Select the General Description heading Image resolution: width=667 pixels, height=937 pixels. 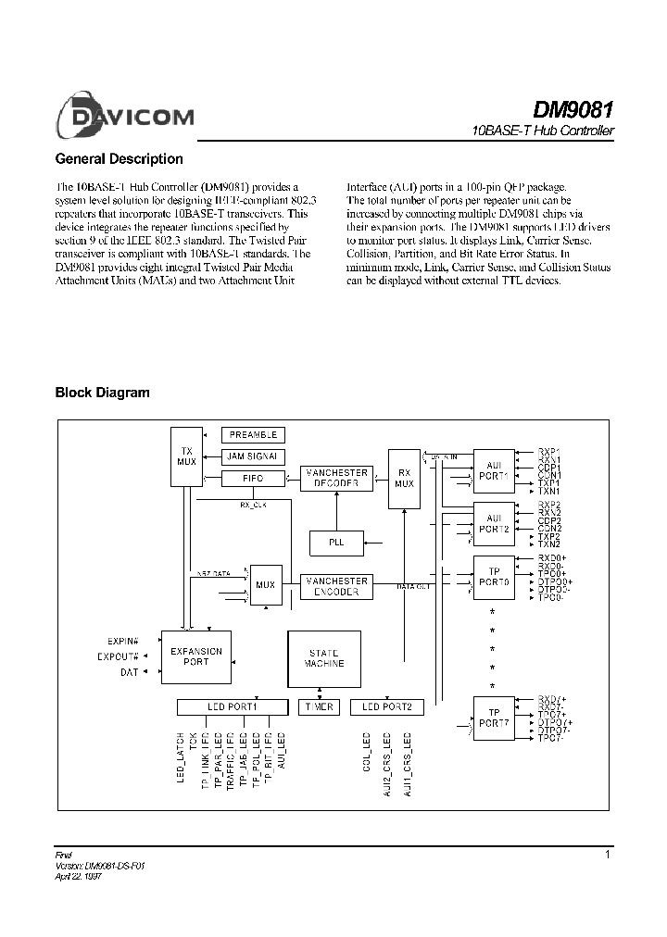pyautogui.click(x=120, y=159)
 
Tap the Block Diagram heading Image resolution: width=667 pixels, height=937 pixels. pyautogui.click(x=103, y=393)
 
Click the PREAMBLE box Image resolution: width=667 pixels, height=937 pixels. pyautogui.click(x=254, y=434)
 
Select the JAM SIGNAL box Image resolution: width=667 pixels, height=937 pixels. pyautogui.click(x=254, y=456)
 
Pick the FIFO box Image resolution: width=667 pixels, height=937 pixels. pyautogui.click(x=254, y=479)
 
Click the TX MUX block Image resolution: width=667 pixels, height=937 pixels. pyautogui.click(x=185, y=456)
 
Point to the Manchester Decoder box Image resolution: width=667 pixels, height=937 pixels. pyautogui.click(x=337, y=478)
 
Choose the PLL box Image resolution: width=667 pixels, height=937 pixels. pyautogui.click(x=336, y=542)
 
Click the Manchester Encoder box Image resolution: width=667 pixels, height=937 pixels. pyautogui.click(x=337, y=586)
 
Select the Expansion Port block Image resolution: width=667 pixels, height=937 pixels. pyautogui.click(x=196, y=656)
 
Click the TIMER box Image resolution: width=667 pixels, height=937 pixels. pyautogui.click(x=318, y=706)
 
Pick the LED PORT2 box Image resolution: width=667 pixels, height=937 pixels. pyautogui.click(x=386, y=706)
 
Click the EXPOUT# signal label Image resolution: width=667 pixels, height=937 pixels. pyautogui.click(x=118, y=656)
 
